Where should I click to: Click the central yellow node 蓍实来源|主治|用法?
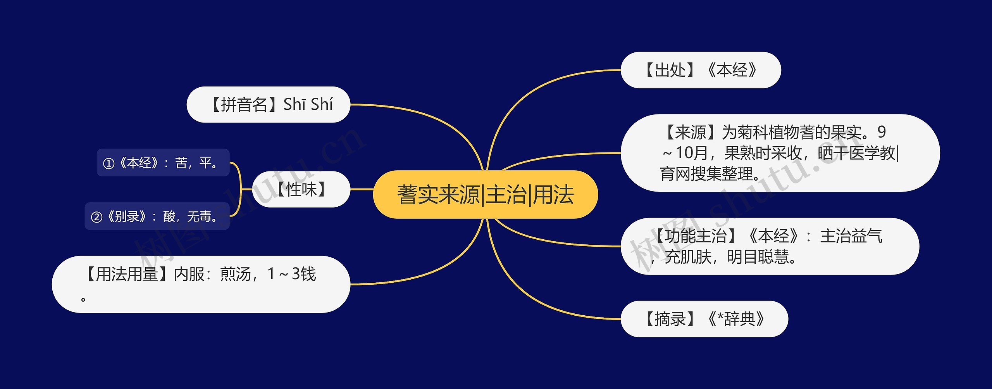pos(485,194)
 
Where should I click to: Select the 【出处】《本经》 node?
pos(701,70)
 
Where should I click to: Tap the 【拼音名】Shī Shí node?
pos(268,105)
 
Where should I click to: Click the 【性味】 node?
pos(301,189)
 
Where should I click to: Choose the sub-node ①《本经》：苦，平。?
pos(163,163)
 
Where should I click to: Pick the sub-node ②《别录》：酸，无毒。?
pos(157,216)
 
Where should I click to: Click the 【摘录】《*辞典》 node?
pos(704,319)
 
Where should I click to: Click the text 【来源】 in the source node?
pos(690,132)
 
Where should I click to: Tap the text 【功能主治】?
pos(696,236)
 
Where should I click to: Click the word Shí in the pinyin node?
pos(322,105)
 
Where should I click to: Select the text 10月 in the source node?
pos(692,153)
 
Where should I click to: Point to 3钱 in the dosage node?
pos(304,274)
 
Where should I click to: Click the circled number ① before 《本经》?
pos(108,163)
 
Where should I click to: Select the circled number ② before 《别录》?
pos(96,217)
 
